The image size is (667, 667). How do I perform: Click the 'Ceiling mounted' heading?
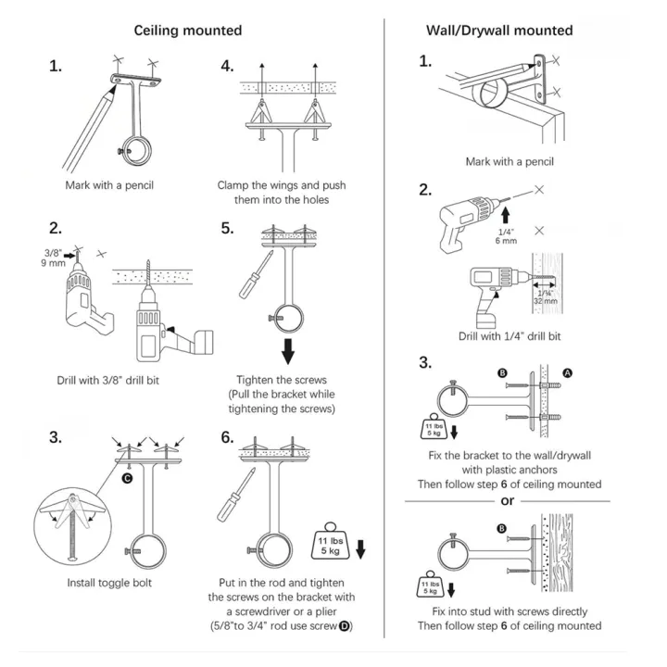click(188, 31)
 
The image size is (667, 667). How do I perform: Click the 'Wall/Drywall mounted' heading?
click(498, 31)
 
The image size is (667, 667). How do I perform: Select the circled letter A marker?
click(568, 371)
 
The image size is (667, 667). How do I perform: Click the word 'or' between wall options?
click(506, 500)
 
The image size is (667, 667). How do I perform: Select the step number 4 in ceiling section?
click(227, 67)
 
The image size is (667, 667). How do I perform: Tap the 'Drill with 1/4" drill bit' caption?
click(510, 335)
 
